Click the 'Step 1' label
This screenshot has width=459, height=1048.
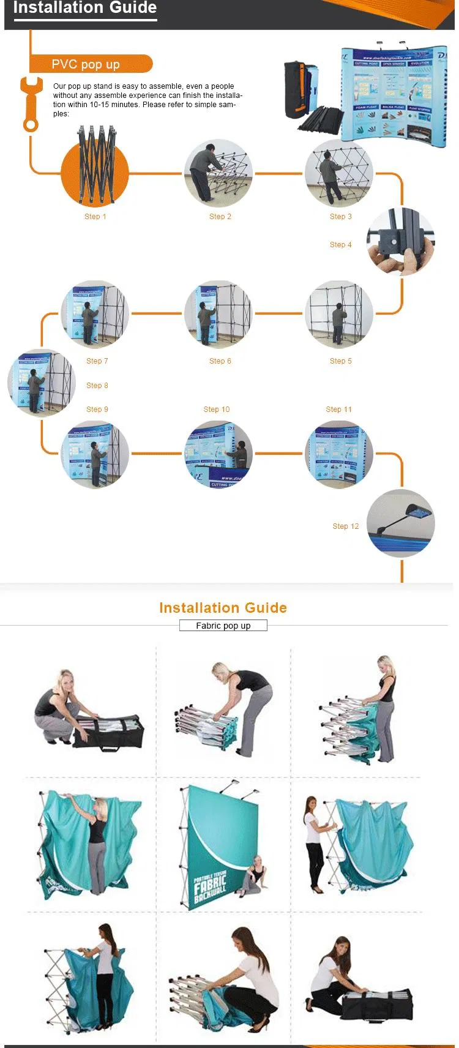pos(95,217)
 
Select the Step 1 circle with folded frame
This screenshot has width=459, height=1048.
pos(95,172)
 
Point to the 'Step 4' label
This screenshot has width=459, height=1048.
pos(340,245)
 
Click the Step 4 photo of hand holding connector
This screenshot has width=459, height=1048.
pos(400,242)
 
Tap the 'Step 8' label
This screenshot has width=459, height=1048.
pos(97,386)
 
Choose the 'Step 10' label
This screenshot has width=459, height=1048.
pos(217,410)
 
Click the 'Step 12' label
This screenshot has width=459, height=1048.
pos(346,526)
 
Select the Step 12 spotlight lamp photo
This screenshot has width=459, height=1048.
pos(401,523)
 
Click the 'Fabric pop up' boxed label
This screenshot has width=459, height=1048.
pos(223,626)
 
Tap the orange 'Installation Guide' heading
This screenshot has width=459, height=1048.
pos(223,608)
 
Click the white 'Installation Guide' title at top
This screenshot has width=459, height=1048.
pos(85,8)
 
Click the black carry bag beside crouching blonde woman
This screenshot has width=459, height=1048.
pos(110,732)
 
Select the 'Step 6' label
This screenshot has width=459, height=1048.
pos(220,361)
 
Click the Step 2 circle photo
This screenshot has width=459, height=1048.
pos(218,173)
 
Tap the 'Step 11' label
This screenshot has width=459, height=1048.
pos(338,410)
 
